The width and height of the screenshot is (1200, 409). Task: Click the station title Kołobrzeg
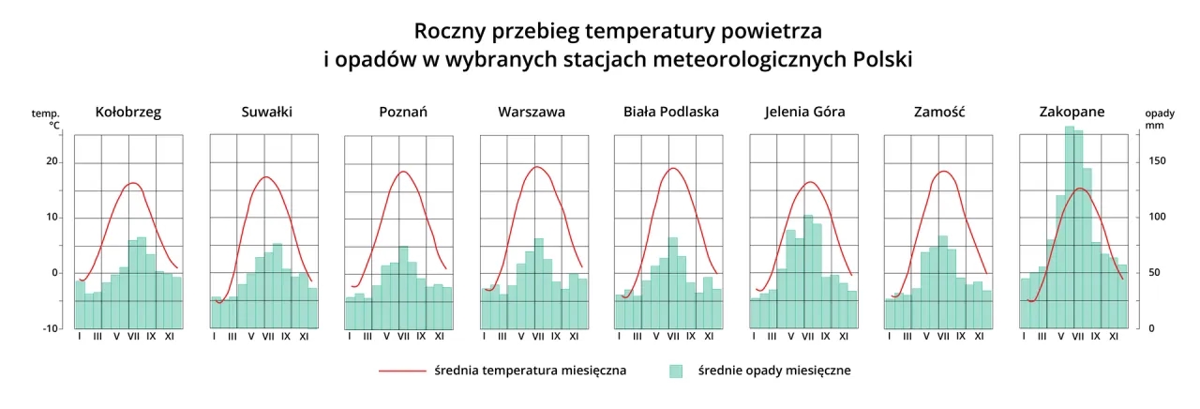tap(128, 112)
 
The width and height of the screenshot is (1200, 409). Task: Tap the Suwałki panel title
tap(266, 112)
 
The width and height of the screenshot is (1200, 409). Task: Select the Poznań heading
tap(403, 112)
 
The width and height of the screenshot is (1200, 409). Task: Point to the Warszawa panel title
tap(532, 112)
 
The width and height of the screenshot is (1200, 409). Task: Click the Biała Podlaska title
tap(671, 112)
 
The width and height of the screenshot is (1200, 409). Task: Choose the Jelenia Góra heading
tap(804, 112)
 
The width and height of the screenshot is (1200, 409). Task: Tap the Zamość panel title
tap(939, 112)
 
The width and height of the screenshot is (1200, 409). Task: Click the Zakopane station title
tap(1072, 112)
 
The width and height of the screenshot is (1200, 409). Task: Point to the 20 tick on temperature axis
tap(52, 162)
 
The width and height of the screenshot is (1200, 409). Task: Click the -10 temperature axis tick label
tap(50, 328)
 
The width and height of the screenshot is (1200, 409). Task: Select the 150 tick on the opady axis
tap(1158, 161)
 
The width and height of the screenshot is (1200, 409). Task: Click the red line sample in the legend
tap(401, 371)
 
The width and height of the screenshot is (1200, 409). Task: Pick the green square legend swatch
tap(676, 371)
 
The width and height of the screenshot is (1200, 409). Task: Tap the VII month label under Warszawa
tap(538, 336)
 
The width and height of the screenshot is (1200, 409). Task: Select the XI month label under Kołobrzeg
tap(169, 336)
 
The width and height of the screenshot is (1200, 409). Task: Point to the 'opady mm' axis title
tap(1159, 117)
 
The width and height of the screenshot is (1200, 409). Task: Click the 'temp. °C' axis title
tap(46, 118)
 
